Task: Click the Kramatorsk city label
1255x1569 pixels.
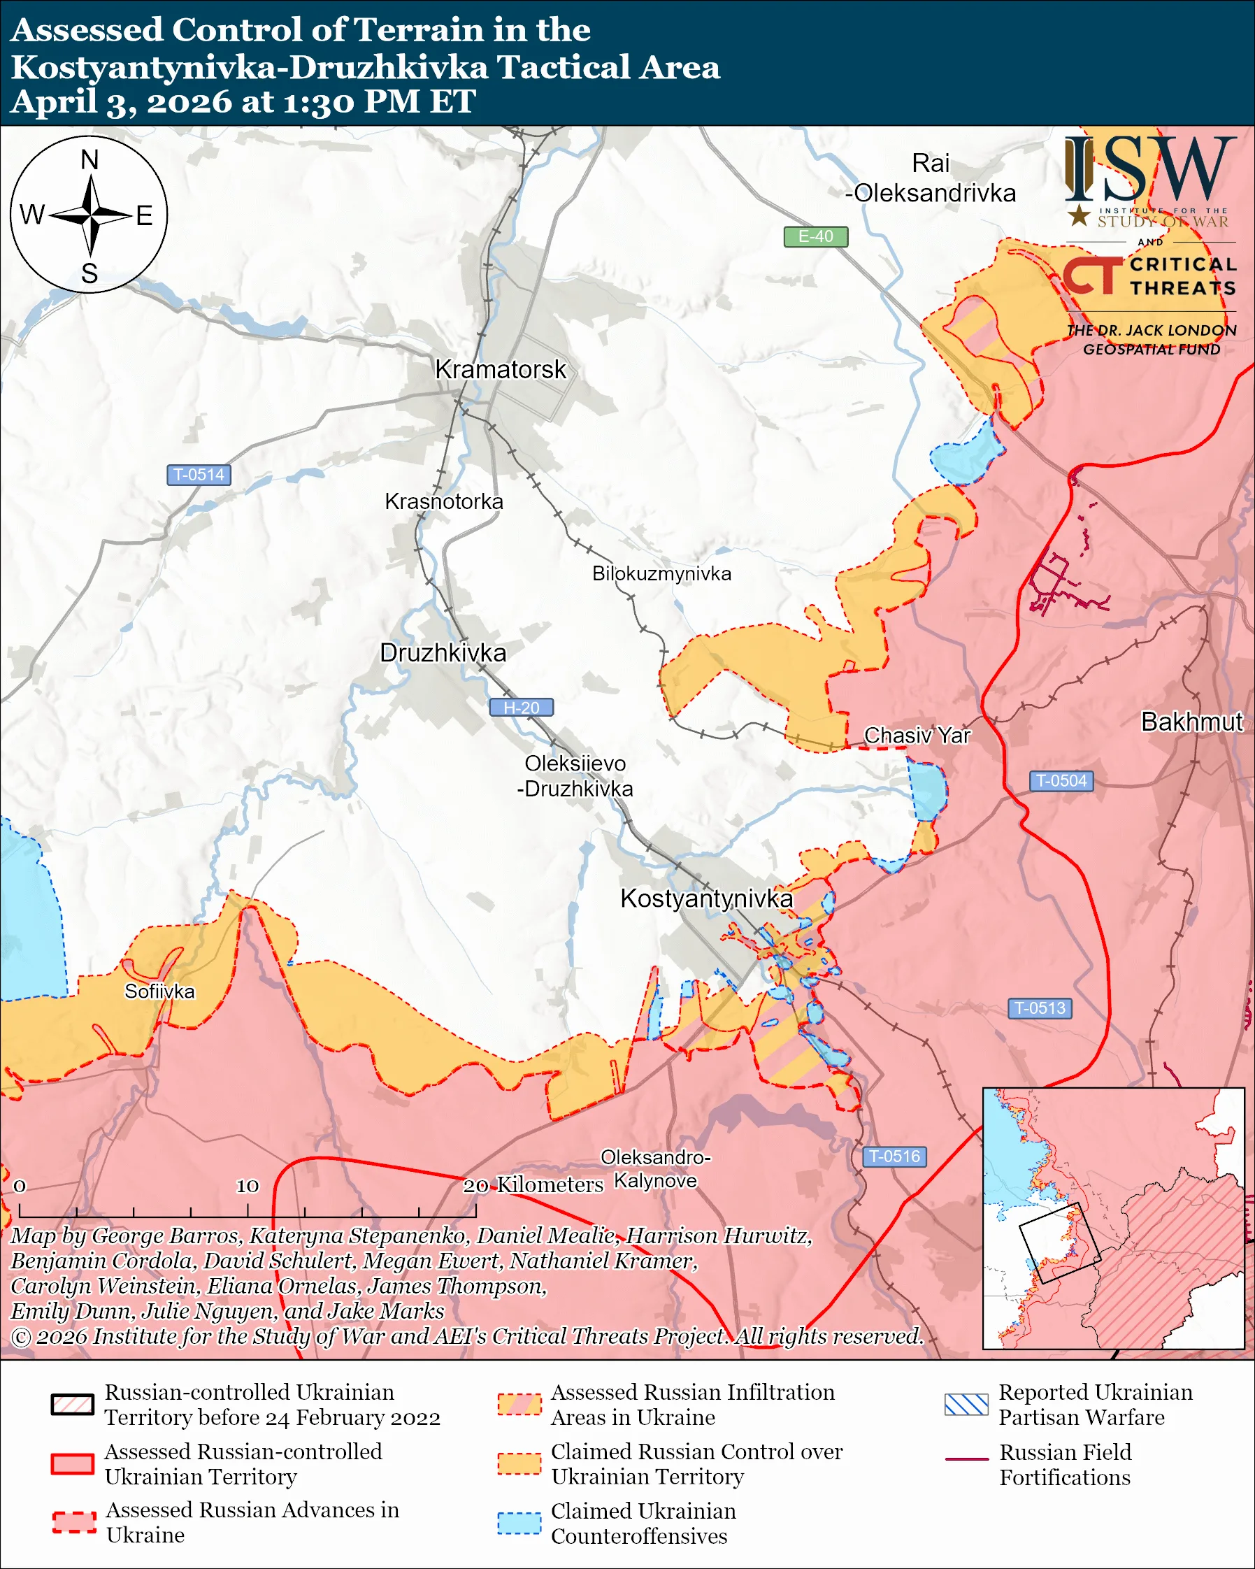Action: point(500,370)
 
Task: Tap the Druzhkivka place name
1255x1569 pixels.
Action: point(443,653)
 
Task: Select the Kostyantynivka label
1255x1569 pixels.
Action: point(705,898)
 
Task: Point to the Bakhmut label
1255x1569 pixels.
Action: point(1191,722)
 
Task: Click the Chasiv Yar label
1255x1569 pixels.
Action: point(917,736)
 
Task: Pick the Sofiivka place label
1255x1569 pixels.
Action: point(159,992)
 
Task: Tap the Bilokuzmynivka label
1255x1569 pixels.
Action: point(661,573)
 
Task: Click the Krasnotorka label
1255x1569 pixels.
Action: point(444,501)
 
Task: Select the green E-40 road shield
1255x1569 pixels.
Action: point(815,236)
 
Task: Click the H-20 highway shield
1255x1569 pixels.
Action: point(521,708)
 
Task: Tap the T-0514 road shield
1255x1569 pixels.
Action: point(199,475)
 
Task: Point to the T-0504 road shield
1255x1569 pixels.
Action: point(1061,781)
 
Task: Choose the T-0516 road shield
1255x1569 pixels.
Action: point(894,1156)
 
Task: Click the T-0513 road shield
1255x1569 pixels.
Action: point(1040,1008)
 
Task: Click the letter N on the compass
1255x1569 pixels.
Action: point(89,160)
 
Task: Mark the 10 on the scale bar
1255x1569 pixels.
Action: point(247,1187)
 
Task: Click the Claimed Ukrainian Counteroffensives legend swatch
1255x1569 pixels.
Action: point(519,1524)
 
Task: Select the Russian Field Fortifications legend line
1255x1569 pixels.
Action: point(966,1460)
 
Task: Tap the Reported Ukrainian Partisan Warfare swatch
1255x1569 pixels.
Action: point(966,1405)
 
